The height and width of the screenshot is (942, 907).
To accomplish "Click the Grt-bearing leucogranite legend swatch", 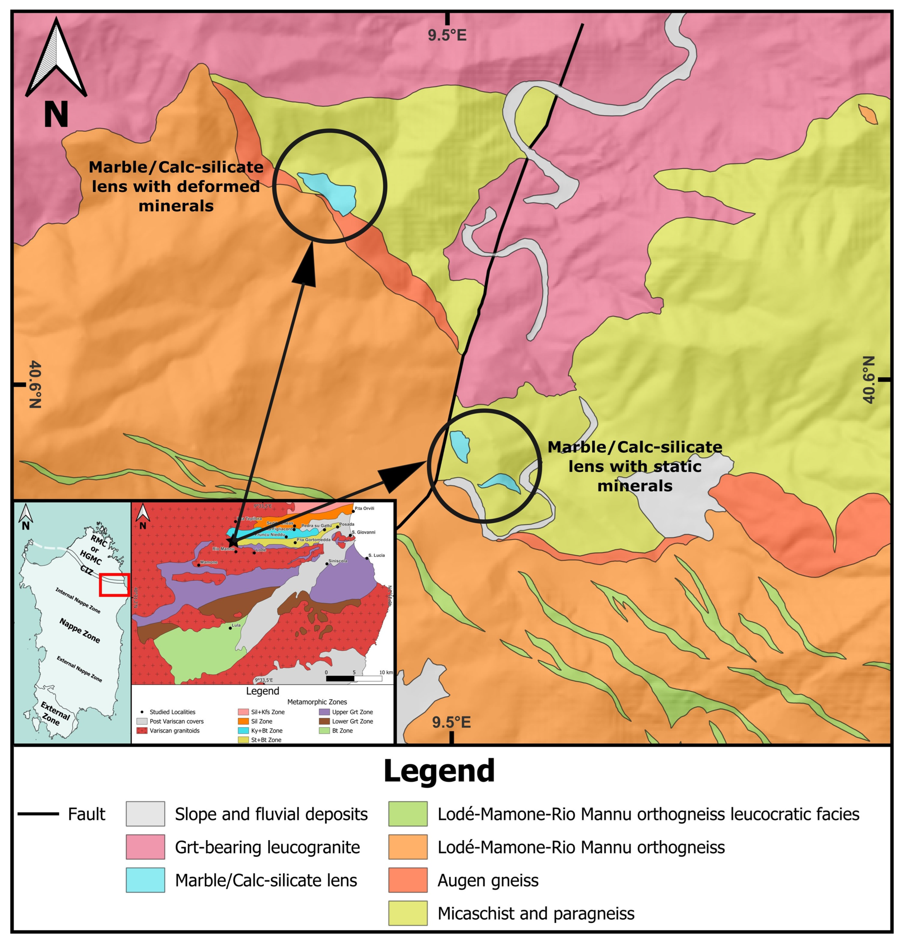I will [x=145, y=847].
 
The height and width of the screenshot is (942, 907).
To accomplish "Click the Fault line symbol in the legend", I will [x=38, y=814].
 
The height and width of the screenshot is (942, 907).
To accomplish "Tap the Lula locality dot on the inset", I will [x=230, y=628].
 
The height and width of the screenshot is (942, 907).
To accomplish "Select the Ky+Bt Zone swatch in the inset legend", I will [x=243, y=731].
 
